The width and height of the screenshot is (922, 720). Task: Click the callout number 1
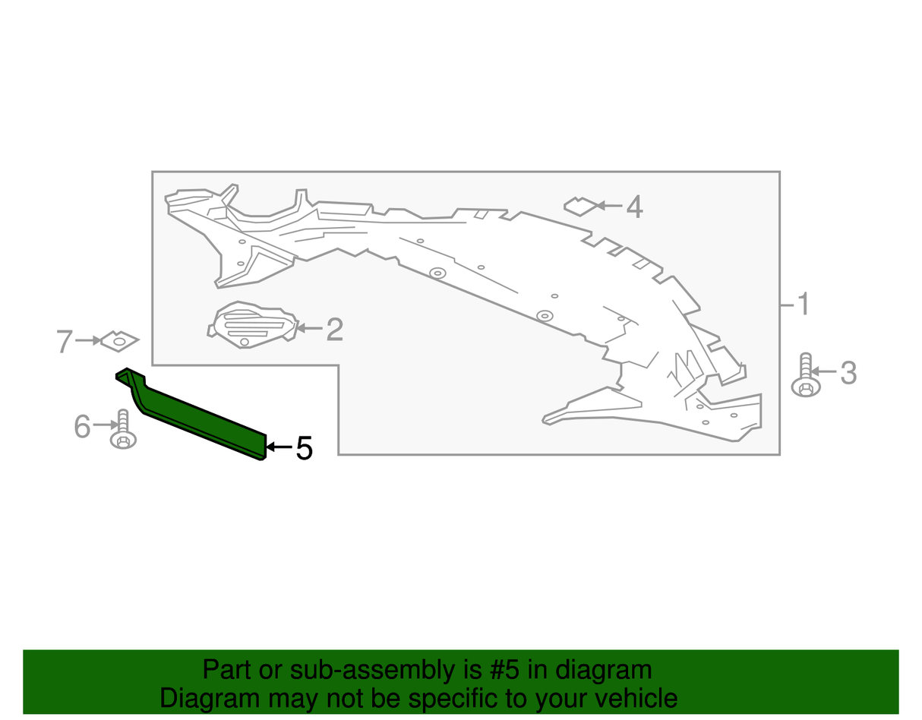(x=803, y=304)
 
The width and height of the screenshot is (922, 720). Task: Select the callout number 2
(x=334, y=329)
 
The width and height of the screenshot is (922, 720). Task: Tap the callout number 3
(x=848, y=373)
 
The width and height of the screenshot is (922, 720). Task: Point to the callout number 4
(x=634, y=207)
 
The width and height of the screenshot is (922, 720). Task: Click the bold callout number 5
(x=305, y=448)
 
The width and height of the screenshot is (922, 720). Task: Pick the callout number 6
(x=82, y=426)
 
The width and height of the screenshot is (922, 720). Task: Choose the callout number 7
(x=65, y=342)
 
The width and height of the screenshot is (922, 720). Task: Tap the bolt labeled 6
(x=123, y=429)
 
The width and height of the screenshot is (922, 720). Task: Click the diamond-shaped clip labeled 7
(x=119, y=341)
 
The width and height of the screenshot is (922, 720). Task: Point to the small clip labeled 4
(x=580, y=207)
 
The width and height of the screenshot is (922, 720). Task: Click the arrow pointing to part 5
(x=279, y=447)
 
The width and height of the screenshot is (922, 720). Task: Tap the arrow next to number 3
(x=823, y=372)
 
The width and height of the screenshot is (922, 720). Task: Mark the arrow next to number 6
(x=106, y=425)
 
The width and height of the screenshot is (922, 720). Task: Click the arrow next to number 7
(x=88, y=340)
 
